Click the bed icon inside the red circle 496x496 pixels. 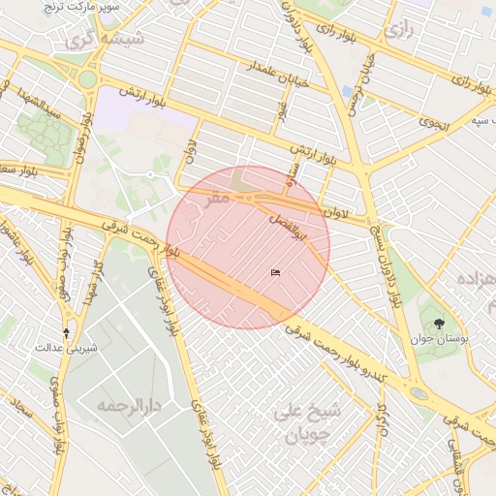(276, 272)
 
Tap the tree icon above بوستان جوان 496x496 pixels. (441, 324)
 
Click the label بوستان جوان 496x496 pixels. (441, 340)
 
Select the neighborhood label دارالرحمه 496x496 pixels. (127, 404)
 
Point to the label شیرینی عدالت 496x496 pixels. (64, 346)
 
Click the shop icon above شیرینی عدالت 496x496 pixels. (66, 331)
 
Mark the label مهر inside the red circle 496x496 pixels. (219, 197)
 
